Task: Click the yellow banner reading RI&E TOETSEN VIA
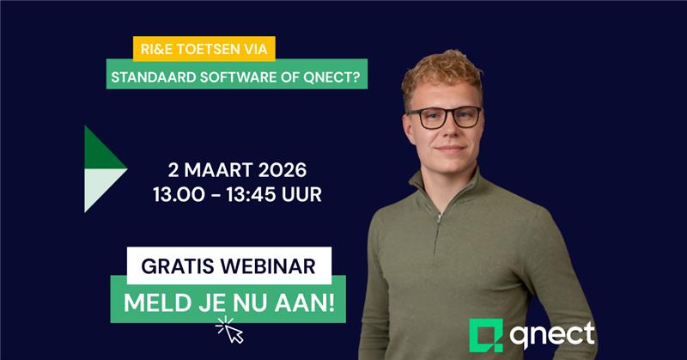tap(204, 50)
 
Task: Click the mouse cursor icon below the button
tap(229, 329)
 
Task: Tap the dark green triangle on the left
tap(101, 150)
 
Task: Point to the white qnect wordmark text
tap(550, 332)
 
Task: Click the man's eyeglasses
tap(445, 118)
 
